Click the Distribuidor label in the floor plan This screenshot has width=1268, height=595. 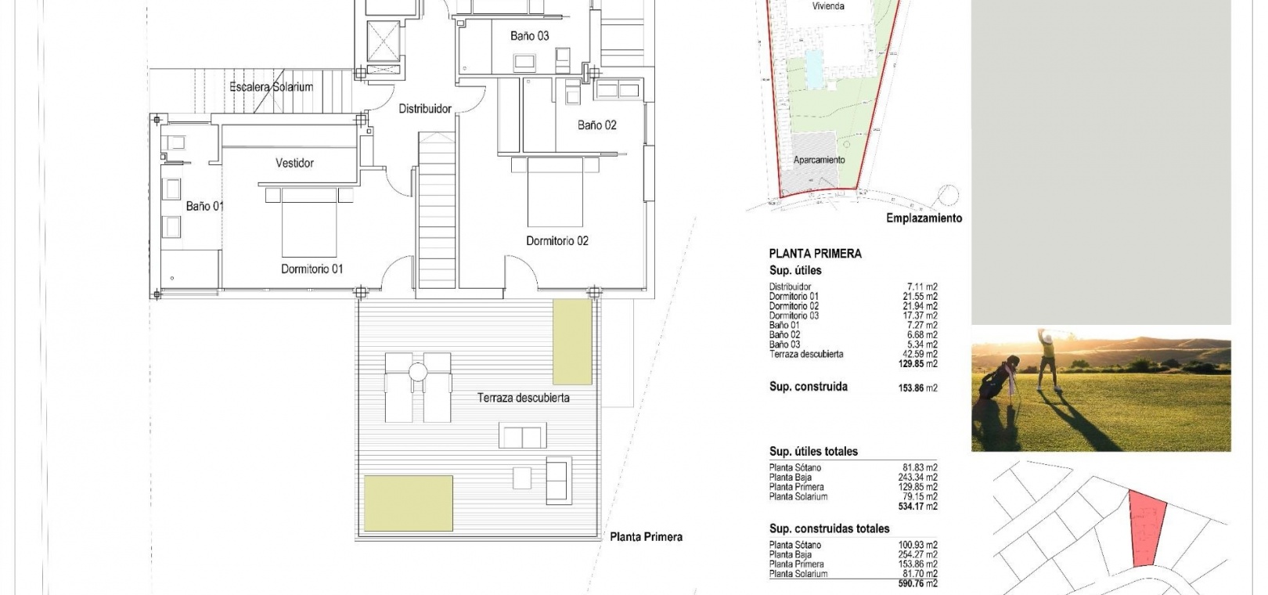(x=425, y=109)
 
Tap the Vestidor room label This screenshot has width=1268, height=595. (x=294, y=163)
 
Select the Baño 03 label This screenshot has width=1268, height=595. (x=529, y=36)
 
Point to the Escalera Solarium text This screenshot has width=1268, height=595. (x=271, y=87)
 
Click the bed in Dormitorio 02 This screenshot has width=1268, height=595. (x=555, y=192)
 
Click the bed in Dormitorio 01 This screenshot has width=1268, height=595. (x=309, y=222)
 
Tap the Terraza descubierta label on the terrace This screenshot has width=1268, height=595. (x=523, y=398)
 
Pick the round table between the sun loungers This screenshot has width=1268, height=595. (x=418, y=372)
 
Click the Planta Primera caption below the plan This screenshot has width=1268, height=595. (x=646, y=537)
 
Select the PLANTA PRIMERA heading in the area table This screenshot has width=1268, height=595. (x=815, y=254)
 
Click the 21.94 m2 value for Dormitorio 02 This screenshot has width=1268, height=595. (x=920, y=306)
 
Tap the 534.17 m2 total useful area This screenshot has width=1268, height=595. (x=917, y=506)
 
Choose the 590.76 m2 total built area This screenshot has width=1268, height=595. (x=917, y=583)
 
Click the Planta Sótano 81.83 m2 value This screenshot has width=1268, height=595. (x=920, y=467)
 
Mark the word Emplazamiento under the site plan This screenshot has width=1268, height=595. (x=924, y=218)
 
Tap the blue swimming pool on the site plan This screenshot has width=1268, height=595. (x=815, y=69)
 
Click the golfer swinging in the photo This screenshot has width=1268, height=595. (x=1048, y=359)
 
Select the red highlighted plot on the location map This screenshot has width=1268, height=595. (x=1147, y=528)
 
